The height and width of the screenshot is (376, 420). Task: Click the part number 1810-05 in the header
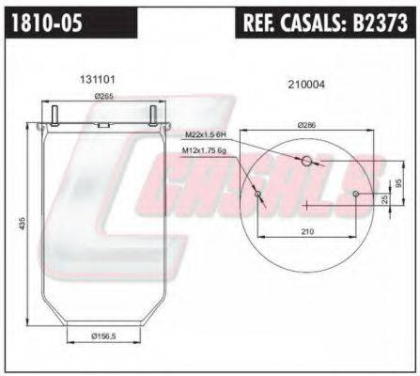pos(47,23)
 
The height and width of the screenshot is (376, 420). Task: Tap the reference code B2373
pos(381,22)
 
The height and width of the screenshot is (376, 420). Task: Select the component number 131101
pos(98,80)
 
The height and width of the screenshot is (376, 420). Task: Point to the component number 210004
pos(306,85)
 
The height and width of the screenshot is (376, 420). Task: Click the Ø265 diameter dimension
pos(103,97)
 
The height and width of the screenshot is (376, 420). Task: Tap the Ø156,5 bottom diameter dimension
pos(103,337)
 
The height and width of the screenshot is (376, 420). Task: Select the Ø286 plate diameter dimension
pos(306,125)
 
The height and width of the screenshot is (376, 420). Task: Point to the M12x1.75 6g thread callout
pos(204,150)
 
